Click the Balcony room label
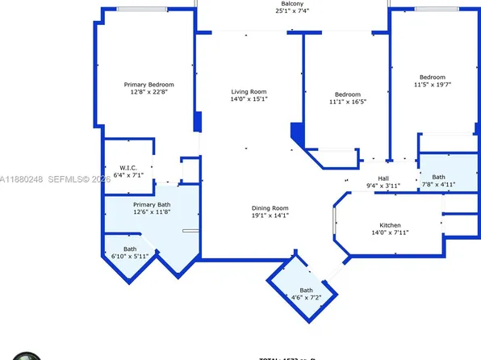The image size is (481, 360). click(292, 3)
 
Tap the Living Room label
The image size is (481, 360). click(249, 92)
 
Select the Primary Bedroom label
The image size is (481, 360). click(148, 84)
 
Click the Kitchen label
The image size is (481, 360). click(390, 225)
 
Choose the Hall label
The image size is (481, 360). click(384, 178)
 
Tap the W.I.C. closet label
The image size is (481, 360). click(119, 168)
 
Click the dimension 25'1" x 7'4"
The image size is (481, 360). click(292, 11)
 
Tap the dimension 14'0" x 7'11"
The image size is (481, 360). click(390, 233)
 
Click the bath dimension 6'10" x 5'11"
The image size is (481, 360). click(130, 256)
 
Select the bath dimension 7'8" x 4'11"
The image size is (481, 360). click(439, 183)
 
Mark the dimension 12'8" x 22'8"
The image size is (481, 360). click(148, 92)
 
